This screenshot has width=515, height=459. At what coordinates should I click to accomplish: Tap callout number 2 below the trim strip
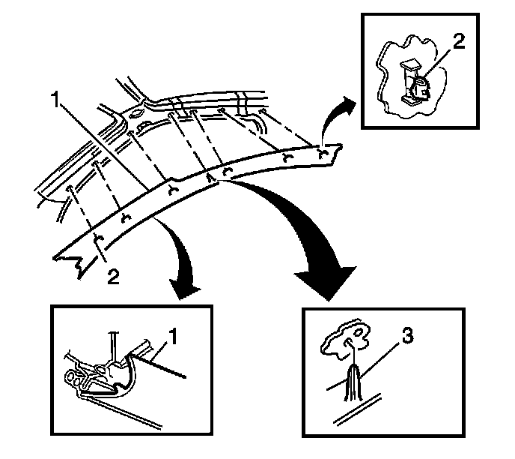pyautogui.click(x=112, y=277)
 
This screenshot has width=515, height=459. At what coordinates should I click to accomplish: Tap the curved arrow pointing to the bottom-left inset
pyautogui.click(x=187, y=262)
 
